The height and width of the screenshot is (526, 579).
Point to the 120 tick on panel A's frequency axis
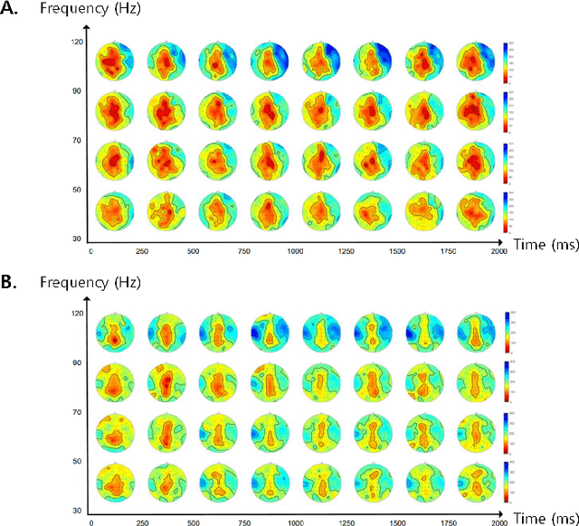pos(77,42)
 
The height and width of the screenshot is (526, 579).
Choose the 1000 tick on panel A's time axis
pos(295,250)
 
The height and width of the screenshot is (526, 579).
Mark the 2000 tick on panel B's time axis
pos(498,521)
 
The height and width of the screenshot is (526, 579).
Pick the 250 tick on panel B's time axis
pos(142,521)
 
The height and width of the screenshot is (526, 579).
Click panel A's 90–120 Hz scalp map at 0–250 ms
pos(112,62)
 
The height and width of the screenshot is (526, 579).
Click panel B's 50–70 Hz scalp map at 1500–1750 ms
pos(422,432)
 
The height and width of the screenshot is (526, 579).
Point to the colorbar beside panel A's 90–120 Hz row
pos(507,62)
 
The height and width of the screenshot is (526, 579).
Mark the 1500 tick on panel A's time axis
pos(396,250)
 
